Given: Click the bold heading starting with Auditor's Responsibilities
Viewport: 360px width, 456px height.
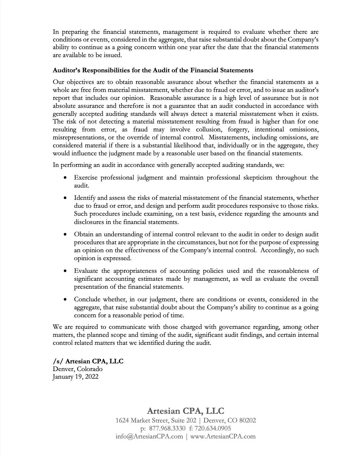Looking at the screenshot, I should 153,70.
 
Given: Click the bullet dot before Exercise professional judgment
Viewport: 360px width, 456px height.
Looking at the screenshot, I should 65,178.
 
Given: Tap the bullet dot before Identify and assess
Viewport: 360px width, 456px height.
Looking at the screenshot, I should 65,198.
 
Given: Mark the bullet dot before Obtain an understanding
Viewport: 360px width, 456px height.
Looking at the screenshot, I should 65,235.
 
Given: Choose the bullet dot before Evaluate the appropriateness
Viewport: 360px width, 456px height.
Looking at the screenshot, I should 65,271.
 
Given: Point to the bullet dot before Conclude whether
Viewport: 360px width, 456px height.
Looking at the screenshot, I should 65,300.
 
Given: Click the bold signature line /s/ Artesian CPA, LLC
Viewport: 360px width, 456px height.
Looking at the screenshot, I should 88,361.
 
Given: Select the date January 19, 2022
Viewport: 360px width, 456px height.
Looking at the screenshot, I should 76,377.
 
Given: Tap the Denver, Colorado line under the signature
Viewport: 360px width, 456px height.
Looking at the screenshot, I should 78,369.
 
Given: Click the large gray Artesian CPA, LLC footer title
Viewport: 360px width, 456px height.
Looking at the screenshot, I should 186,411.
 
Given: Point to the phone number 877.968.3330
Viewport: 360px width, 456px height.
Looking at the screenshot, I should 167,428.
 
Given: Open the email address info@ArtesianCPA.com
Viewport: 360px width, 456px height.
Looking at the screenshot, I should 149,436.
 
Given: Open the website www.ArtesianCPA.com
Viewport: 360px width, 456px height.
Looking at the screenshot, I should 223,436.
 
